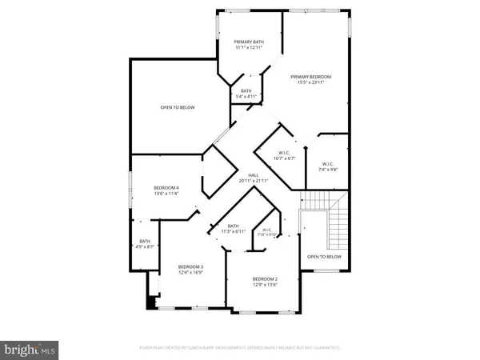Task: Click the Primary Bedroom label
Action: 311,77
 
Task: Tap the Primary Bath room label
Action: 249,42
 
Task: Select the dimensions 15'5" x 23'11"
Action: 311,83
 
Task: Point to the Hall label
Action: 253,175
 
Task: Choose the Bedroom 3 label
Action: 190,266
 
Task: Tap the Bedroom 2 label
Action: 264,278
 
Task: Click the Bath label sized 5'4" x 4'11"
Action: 246,91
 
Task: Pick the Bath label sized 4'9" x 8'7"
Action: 145,242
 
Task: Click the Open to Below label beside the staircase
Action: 324,257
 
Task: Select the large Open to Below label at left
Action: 177,108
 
